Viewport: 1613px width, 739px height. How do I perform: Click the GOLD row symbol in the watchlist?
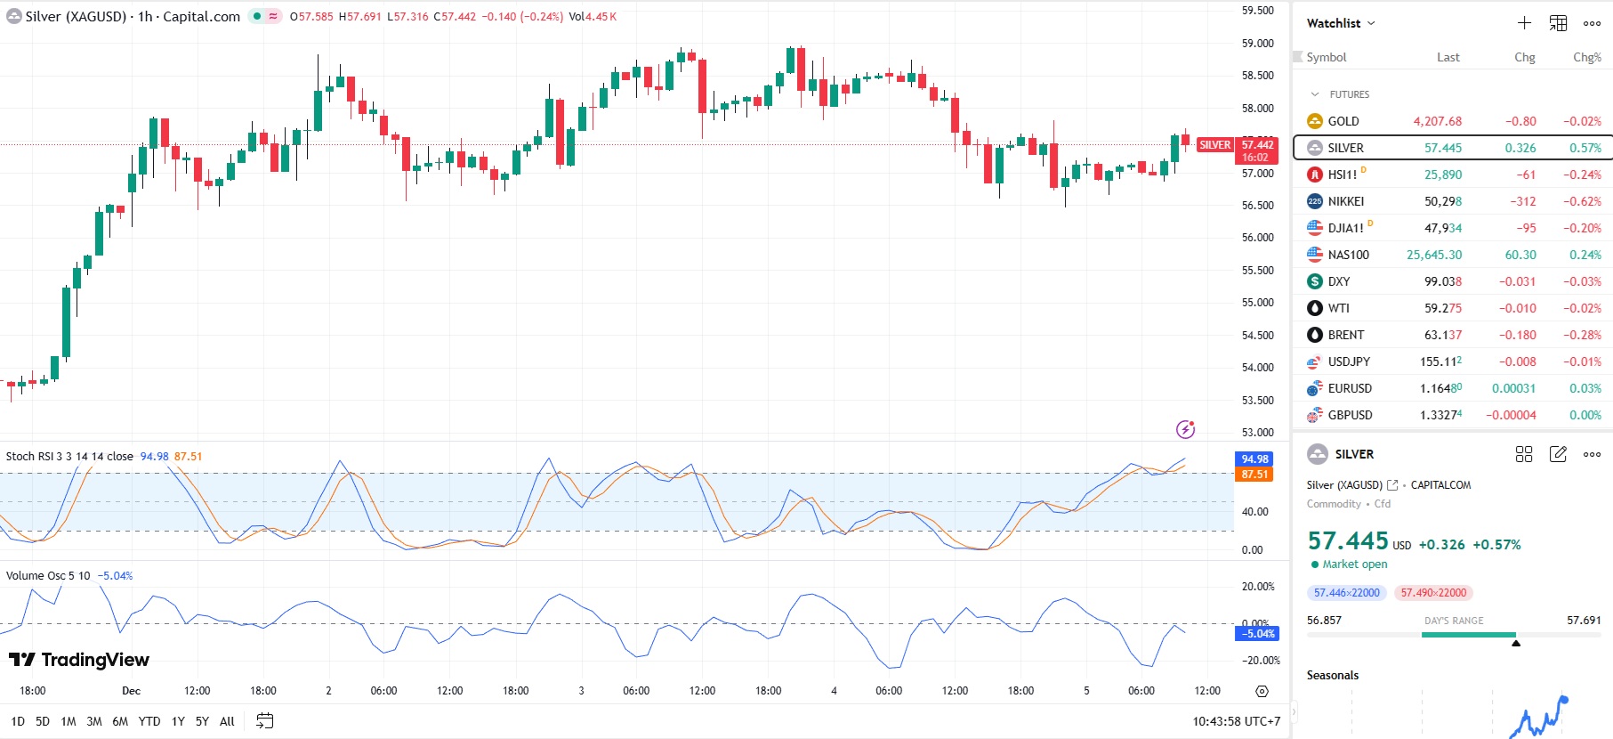[1343, 121]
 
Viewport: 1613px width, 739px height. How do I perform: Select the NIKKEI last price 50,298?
[1442, 201]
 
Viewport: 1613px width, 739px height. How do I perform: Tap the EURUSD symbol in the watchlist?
[1349, 388]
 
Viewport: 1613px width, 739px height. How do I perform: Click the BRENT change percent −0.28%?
[1582, 335]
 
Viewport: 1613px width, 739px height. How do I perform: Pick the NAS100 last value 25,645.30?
[1433, 255]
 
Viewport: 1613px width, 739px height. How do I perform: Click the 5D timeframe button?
[43, 721]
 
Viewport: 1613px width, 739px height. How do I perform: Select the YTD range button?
[149, 721]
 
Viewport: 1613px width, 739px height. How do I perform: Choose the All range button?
[227, 721]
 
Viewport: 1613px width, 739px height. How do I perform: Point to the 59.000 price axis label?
[1257, 43]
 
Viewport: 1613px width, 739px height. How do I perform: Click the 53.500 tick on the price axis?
[1257, 400]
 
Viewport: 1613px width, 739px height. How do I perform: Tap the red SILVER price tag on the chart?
[1214, 145]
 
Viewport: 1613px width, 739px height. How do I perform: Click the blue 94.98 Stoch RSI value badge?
[1254, 459]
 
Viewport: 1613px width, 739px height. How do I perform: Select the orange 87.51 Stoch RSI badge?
[1254, 475]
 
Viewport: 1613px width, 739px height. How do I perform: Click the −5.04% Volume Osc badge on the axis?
[1257, 634]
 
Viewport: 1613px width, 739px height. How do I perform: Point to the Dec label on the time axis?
[131, 691]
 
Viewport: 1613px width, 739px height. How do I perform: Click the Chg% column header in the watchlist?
[1586, 57]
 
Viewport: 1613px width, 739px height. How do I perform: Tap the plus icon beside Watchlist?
[1524, 23]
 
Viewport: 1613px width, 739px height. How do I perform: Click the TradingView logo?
[79, 660]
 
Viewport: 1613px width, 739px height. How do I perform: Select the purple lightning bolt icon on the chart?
[1185, 430]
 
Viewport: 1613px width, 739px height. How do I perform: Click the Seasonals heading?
[1332, 675]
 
